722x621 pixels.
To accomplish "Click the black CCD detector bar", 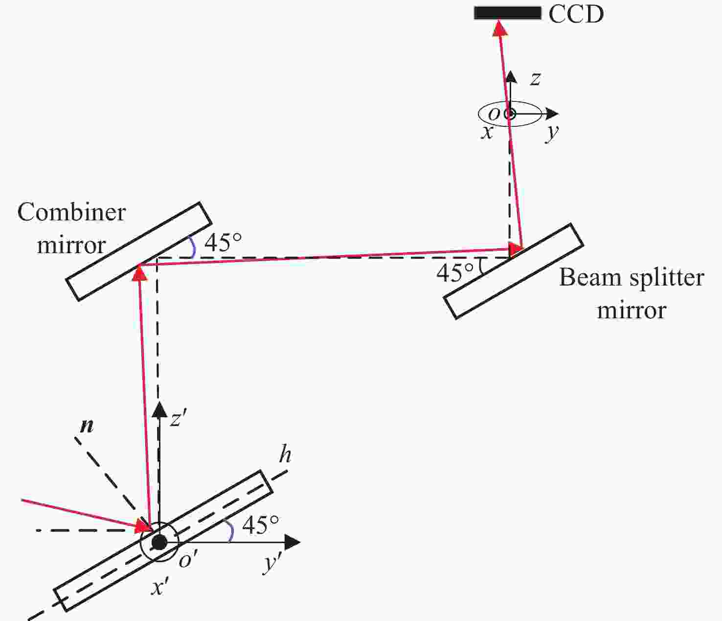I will click(x=507, y=13).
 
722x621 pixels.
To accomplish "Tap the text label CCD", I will click(x=576, y=14).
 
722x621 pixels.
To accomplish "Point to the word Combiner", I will click(x=71, y=213).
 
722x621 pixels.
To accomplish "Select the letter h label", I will click(x=285, y=455).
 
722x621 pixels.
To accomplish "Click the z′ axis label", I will click(x=178, y=419).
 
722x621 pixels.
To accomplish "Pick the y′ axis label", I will click(x=271, y=563).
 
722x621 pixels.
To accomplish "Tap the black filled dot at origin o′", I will click(x=159, y=542).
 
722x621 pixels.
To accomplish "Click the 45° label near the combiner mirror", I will click(x=223, y=242).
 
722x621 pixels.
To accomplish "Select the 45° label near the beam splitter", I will click(x=455, y=273).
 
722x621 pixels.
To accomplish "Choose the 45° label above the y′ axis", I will click(x=260, y=525).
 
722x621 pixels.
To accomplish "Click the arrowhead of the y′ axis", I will click(x=292, y=542).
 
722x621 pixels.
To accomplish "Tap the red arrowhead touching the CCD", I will click(x=499, y=28).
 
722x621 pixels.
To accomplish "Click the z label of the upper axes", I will click(x=535, y=78).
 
